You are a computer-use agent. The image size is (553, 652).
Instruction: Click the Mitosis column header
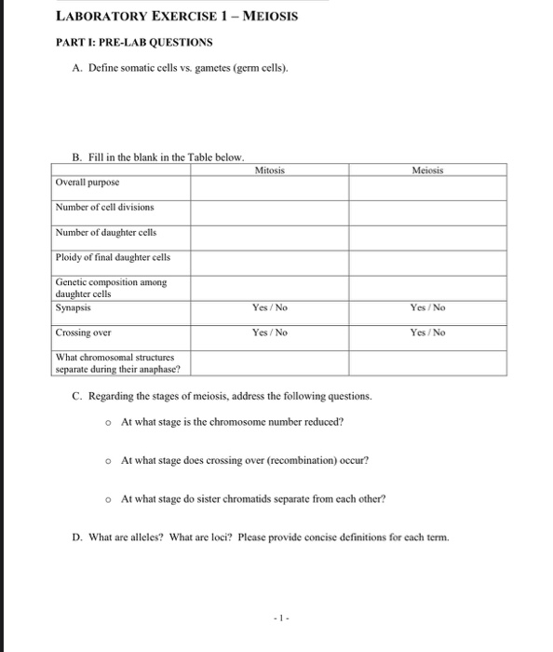tap(269, 170)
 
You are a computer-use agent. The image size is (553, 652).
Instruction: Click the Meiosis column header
tap(428, 170)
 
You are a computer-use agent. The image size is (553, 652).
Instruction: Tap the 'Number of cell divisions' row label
tap(104, 206)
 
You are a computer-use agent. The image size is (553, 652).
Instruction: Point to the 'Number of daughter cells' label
tap(104, 231)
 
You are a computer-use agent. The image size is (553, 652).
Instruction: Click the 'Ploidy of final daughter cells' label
tap(112, 256)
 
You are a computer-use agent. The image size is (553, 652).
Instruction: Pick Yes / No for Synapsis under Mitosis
tap(269, 306)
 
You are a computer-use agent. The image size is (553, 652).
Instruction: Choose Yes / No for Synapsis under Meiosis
tap(428, 306)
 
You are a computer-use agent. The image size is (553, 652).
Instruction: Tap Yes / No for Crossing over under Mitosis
tap(269, 332)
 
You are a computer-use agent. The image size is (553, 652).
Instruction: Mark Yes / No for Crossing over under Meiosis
tap(428, 332)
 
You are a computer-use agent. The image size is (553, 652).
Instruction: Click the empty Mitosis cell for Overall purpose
tap(269, 187)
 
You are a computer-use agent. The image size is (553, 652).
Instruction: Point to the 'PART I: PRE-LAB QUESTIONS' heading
tap(134, 42)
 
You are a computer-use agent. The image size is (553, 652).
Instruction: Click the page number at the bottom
tap(276, 618)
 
